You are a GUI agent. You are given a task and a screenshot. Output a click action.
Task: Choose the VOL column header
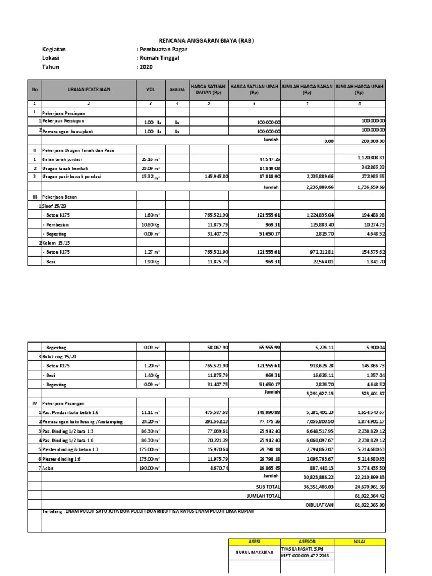click(150, 89)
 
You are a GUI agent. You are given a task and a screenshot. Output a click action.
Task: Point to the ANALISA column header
click(177, 89)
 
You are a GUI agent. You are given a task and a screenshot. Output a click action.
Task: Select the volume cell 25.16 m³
click(151, 159)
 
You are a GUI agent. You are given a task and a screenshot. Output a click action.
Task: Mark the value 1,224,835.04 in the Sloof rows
click(313, 215)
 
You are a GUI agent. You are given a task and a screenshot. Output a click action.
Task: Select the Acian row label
click(51, 468)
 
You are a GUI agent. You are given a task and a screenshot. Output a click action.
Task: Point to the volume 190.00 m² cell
click(151, 468)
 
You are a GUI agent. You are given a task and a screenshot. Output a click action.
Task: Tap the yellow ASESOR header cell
click(307, 541)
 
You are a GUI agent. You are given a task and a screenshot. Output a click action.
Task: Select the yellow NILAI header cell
click(360, 541)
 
